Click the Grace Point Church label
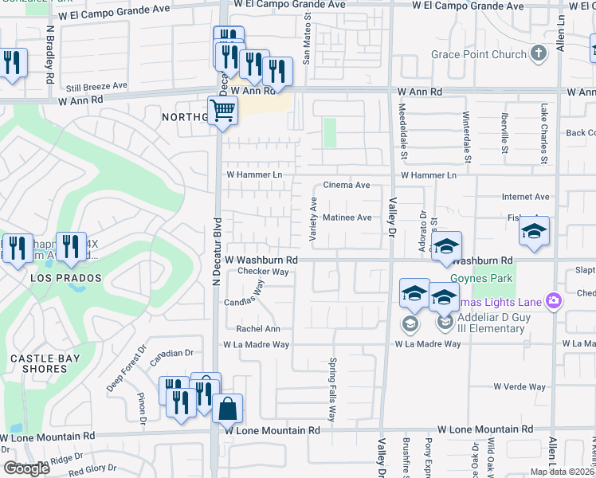pos(479,54)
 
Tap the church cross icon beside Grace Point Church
pos(539,54)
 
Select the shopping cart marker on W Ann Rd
pos(222,111)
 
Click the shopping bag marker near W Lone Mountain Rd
pos(227,409)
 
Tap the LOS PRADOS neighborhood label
pos(66,278)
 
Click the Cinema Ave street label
pos(346,185)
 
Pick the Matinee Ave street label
pos(347,217)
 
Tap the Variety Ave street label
pos(313,217)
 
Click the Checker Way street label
pos(262,272)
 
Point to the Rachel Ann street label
pos(257,328)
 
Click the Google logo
pos(27,468)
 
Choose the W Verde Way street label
pos(519,386)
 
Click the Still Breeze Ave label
pos(96,85)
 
